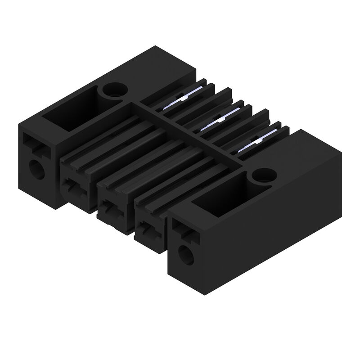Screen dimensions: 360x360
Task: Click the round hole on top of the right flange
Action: coord(264,175)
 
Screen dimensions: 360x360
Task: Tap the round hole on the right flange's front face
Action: coord(185,256)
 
